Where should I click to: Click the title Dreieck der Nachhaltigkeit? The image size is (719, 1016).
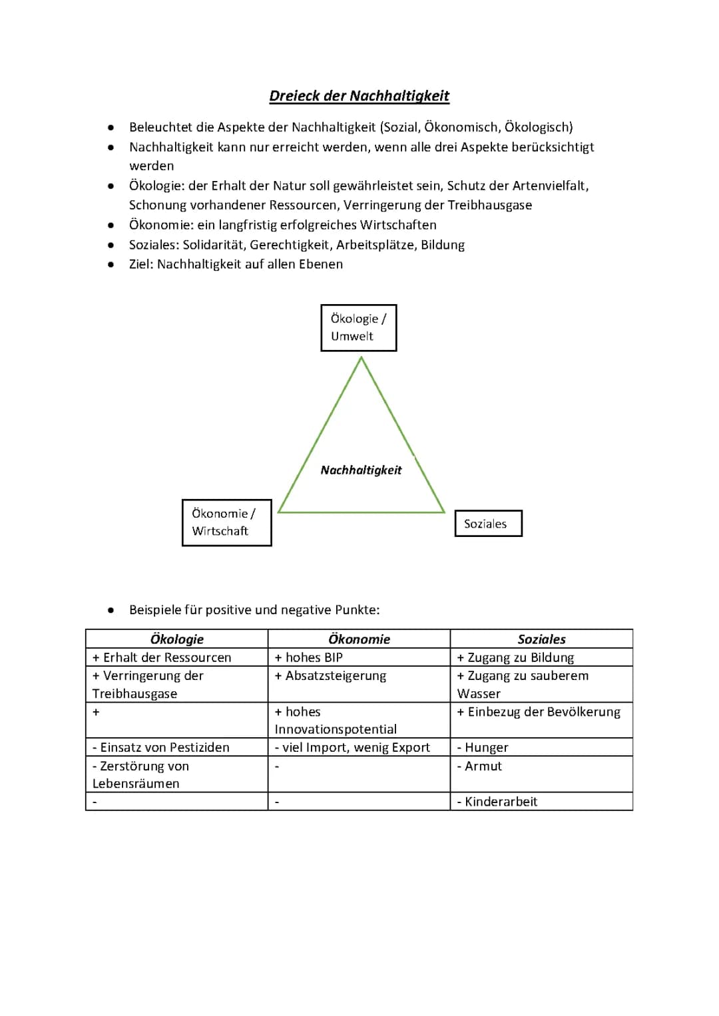point(359,96)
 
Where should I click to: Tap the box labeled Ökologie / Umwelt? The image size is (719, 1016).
point(358,327)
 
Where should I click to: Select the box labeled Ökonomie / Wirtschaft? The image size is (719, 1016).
point(226,522)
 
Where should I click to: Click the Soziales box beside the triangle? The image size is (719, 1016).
point(488,524)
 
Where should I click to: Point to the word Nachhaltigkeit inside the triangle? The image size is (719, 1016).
point(361,470)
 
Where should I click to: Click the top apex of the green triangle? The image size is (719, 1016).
point(361,359)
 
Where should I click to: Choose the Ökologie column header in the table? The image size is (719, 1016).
point(176,639)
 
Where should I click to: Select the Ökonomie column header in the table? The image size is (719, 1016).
point(359,639)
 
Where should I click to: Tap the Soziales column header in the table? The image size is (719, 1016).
point(541,639)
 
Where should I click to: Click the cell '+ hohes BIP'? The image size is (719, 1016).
point(309,657)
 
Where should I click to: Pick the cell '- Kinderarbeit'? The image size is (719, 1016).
point(497,802)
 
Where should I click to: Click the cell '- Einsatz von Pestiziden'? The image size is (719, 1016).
point(161,747)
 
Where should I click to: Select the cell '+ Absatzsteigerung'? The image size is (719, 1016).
point(330,675)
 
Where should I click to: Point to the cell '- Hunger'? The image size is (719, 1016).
point(483,747)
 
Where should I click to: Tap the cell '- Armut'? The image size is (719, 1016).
point(480,766)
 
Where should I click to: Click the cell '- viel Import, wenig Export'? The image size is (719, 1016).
point(353,747)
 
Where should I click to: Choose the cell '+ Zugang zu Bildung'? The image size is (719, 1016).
point(516,657)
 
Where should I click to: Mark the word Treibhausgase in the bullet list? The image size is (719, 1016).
point(490,205)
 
